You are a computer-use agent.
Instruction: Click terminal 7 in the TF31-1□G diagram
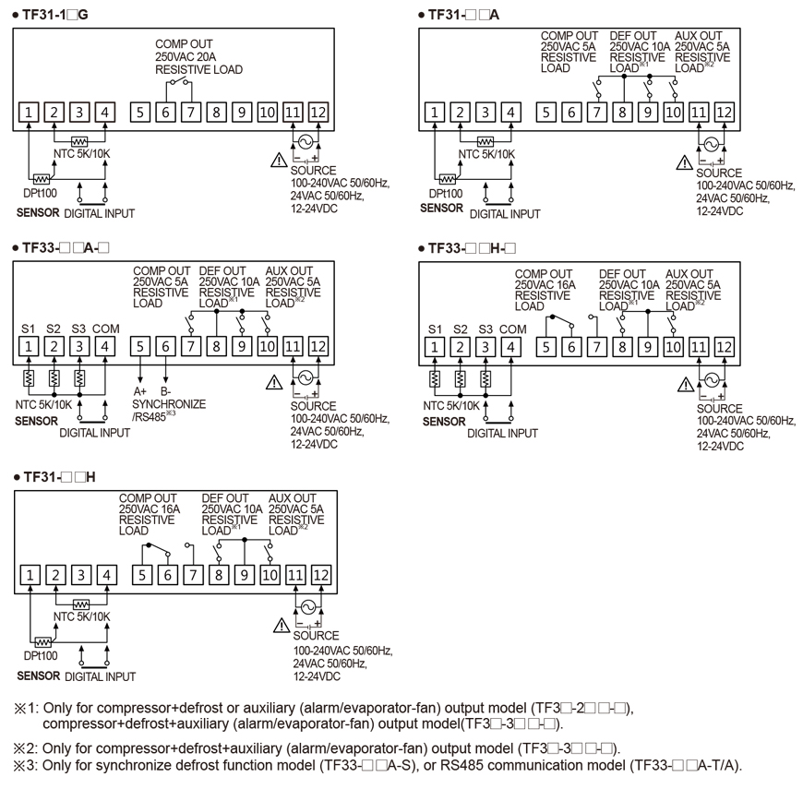(191, 113)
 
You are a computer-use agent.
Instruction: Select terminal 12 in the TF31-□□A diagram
(724, 113)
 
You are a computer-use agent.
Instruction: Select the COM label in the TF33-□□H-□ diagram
(512, 329)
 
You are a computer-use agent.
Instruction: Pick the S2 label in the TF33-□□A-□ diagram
(54, 329)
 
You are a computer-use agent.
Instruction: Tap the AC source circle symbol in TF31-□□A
(711, 144)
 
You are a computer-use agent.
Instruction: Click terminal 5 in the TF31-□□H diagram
(141, 575)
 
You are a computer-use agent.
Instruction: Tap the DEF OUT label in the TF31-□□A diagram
(634, 36)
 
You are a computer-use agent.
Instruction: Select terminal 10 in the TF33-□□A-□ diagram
(268, 347)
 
